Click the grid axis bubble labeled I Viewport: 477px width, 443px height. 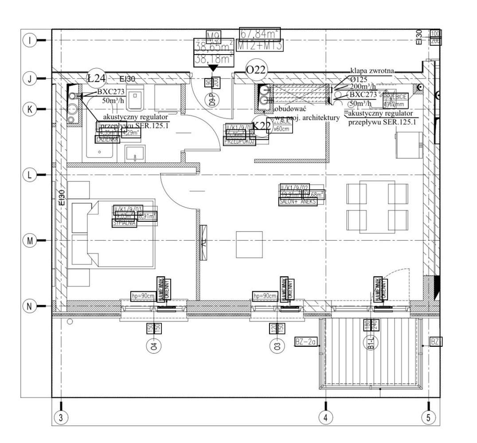[30, 41]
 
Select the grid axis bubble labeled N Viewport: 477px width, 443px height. [30, 306]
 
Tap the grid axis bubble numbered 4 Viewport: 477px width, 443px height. [326, 417]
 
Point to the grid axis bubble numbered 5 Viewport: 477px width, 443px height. [428, 417]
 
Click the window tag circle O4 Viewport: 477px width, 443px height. [154, 345]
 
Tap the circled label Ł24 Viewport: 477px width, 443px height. [97, 78]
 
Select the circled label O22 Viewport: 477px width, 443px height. [258, 70]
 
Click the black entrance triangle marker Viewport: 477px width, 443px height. [213, 68]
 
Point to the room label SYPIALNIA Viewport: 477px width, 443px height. [125, 223]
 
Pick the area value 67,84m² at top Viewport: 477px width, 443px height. [260, 33]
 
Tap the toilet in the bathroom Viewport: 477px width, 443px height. [136, 99]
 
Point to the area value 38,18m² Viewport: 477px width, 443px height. [214, 59]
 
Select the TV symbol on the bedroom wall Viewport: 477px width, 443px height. [203, 242]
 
